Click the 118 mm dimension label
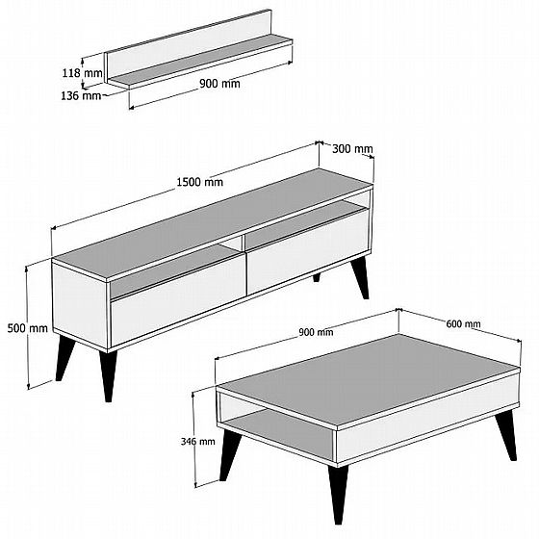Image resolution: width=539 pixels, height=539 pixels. pyautogui.click(x=82, y=72)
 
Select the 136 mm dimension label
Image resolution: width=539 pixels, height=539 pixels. pyautogui.click(x=81, y=95)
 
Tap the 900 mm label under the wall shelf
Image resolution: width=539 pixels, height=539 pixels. pyautogui.click(x=219, y=83)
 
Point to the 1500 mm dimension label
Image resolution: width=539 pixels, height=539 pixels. pyautogui.click(x=200, y=182)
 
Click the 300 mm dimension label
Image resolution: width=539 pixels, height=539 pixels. pyautogui.click(x=352, y=149)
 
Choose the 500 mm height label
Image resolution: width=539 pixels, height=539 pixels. pyautogui.click(x=28, y=328)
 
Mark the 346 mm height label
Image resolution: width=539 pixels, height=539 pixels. pyautogui.click(x=198, y=441)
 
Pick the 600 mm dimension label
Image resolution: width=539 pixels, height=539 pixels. pyautogui.click(x=463, y=323)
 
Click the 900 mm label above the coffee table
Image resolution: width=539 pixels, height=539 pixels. pyautogui.click(x=316, y=332)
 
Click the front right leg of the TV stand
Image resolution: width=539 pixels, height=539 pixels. pyautogui.click(x=108, y=375)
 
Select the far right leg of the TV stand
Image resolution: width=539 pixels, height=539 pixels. pyautogui.click(x=361, y=277)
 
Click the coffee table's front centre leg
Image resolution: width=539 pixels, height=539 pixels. pyautogui.click(x=339, y=493)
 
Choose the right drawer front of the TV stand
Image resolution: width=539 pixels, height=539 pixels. pyautogui.click(x=308, y=251)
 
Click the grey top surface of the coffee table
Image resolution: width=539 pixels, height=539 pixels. pyautogui.click(x=368, y=378)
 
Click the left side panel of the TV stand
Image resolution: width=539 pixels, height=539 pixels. pyautogui.click(x=80, y=305)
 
